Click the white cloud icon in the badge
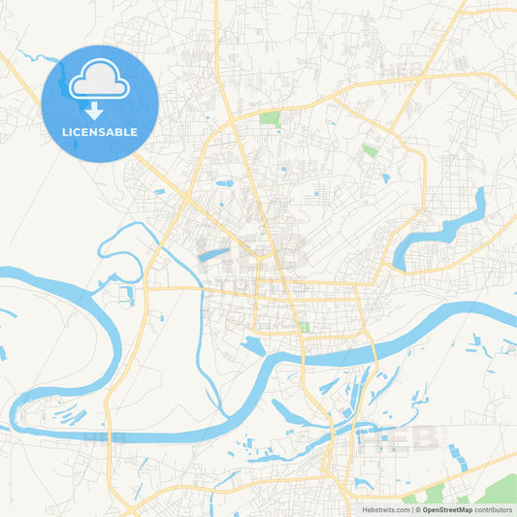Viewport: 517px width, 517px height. [x=100, y=80]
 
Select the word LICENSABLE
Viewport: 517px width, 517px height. [x=100, y=131]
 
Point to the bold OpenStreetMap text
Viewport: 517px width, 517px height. [x=444, y=509]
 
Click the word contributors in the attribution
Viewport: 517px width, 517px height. [x=494, y=509]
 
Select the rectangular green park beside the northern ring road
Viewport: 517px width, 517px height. [x=269, y=119]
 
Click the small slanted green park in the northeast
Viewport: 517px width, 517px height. [x=370, y=150]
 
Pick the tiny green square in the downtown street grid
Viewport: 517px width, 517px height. [x=303, y=328]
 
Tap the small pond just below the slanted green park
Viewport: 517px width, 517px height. [x=385, y=178]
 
